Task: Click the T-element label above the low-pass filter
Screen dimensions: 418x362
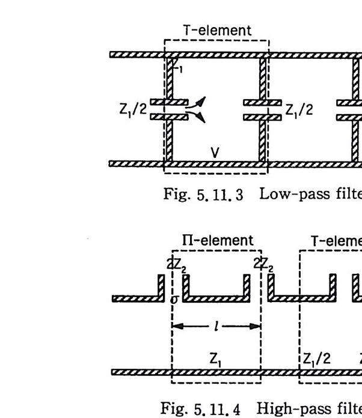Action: click(x=217, y=30)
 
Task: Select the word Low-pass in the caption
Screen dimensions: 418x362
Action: click(x=283, y=196)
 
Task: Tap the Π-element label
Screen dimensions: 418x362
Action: click(x=217, y=241)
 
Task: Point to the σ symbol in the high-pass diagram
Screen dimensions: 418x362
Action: click(x=174, y=298)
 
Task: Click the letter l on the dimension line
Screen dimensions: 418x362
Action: click(x=217, y=327)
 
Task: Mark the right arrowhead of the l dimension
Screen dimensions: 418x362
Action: click(x=258, y=327)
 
